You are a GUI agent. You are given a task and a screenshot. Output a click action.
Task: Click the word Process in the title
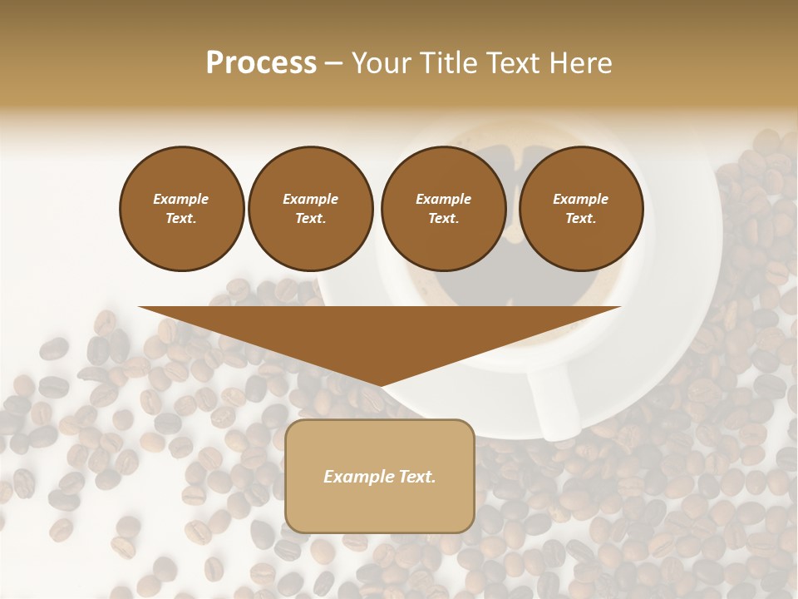point(261,63)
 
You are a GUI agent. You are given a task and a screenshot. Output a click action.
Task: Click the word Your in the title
point(381,63)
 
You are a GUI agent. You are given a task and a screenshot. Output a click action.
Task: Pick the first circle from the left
point(181,208)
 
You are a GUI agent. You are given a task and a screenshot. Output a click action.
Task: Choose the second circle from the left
point(311,208)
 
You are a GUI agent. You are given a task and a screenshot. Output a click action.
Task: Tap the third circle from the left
point(443,208)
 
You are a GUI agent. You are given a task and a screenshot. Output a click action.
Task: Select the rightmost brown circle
point(581,208)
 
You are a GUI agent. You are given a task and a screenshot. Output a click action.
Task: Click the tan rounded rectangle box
point(380,476)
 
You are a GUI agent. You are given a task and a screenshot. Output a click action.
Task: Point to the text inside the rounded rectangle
point(380,477)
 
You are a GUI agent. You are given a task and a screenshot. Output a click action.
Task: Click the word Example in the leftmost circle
point(181,199)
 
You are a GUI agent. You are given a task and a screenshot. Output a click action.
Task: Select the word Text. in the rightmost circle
point(581,218)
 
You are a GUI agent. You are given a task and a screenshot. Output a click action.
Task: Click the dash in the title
point(333,63)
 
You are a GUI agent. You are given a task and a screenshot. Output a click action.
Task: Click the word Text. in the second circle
point(311,218)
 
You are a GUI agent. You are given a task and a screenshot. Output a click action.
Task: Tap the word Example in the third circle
point(443,199)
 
